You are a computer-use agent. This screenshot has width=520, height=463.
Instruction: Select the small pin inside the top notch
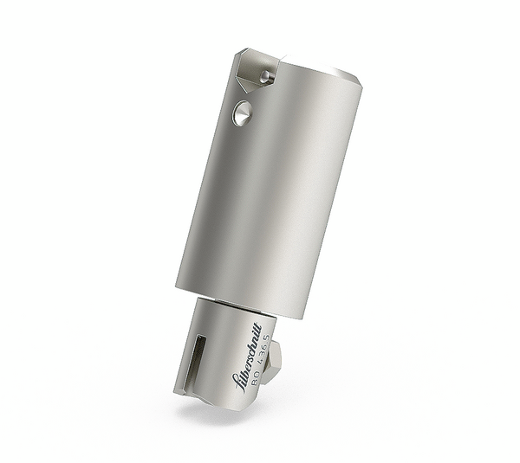pos(268,77)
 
